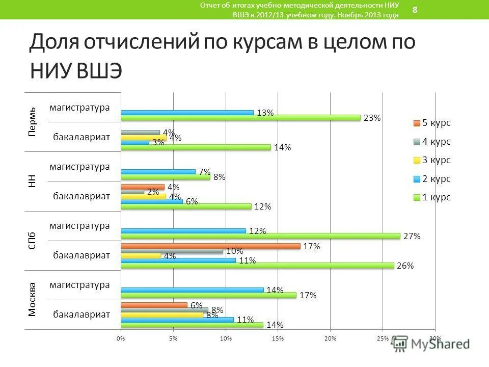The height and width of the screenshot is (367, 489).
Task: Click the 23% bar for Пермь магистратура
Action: [x=240, y=118]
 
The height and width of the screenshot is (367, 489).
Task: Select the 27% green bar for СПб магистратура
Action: [x=260, y=236]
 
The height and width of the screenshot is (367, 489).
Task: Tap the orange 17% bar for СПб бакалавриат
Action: [x=210, y=246]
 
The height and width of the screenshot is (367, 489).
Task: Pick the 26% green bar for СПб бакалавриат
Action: [x=257, y=266]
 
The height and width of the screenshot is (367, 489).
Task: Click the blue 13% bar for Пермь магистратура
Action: [x=187, y=113]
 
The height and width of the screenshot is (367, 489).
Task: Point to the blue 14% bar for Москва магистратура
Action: [x=192, y=290]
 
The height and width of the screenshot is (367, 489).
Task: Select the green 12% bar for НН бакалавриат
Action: [x=186, y=206]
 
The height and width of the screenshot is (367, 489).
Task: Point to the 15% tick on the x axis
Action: [x=278, y=338]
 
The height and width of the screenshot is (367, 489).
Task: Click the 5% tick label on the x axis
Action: [x=173, y=338]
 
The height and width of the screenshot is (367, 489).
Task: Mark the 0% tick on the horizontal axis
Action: [x=121, y=338]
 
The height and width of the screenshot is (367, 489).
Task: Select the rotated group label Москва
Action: [x=32, y=299]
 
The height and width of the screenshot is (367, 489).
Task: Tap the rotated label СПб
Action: [x=32, y=240]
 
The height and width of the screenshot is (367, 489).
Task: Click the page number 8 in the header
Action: [x=415, y=10]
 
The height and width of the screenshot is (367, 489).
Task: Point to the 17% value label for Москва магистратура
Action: [x=308, y=295]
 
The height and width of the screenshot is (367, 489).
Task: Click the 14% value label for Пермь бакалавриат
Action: [x=282, y=148]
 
